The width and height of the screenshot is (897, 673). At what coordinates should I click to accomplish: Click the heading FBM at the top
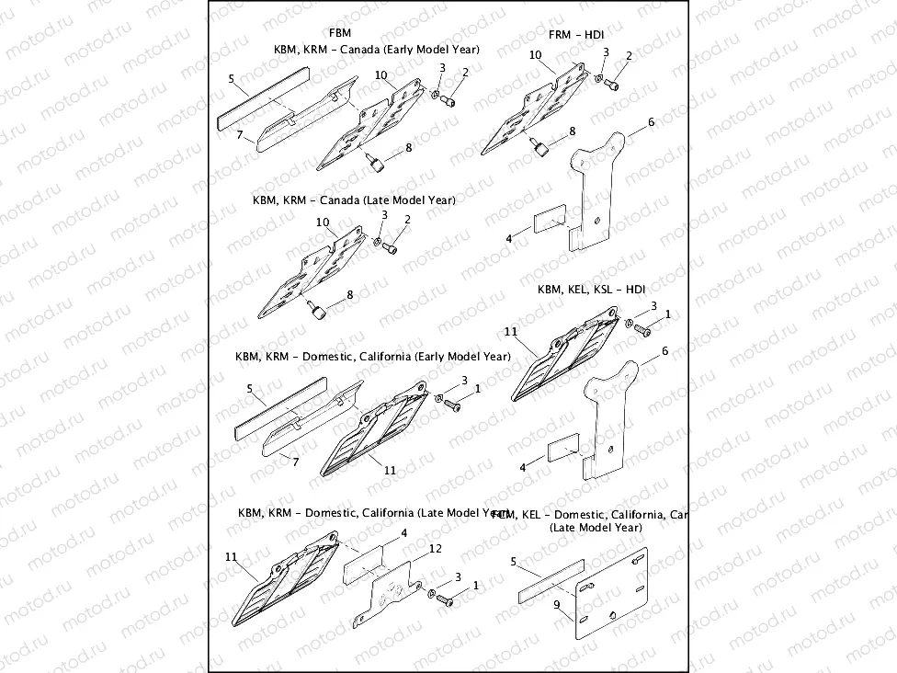pos(339,33)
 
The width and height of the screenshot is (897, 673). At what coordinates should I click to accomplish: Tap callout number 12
pos(435,549)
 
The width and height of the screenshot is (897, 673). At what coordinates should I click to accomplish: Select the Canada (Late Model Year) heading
pos(353,200)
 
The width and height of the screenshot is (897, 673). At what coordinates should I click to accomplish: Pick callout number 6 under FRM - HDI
pos(651,122)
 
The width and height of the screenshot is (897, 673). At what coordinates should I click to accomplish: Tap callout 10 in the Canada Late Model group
pos(323,222)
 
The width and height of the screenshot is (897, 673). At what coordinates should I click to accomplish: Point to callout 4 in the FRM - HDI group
pos(509,239)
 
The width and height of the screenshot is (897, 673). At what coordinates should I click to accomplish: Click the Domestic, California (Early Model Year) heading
pos(372,356)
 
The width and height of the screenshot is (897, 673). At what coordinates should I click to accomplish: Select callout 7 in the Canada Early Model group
pos(239,135)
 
